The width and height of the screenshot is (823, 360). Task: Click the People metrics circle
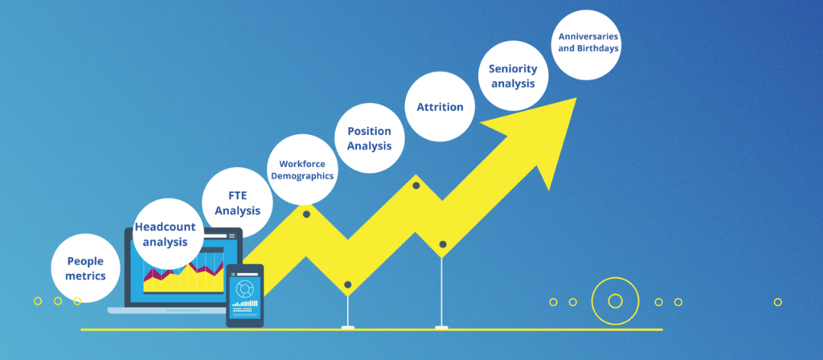[x=85, y=268]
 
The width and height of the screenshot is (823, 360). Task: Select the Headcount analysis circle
[x=169, y=234]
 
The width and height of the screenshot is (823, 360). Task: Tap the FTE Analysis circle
[x=237, y=202]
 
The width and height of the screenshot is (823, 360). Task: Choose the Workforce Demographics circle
[x=302, y=170]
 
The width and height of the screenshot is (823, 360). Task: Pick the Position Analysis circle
[x=370, y=138]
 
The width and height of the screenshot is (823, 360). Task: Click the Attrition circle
[x=440, y=107]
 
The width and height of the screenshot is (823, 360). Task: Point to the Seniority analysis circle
[x=514, y=76]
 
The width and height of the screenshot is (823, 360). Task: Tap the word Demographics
[x=302, y=176]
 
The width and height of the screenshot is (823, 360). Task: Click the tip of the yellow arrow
[x=577, y=97]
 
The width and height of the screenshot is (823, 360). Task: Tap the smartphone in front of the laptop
[x=244, y=296]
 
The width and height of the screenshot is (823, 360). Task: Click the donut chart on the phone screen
[x=244, y=288]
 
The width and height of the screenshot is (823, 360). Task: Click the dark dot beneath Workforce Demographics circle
[x=306, y=214]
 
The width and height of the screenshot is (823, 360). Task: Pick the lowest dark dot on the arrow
[x=347, y=285]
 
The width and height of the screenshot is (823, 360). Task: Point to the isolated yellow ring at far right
[x=778, y=302]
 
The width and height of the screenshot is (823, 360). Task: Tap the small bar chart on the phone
[x=245, y=303]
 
